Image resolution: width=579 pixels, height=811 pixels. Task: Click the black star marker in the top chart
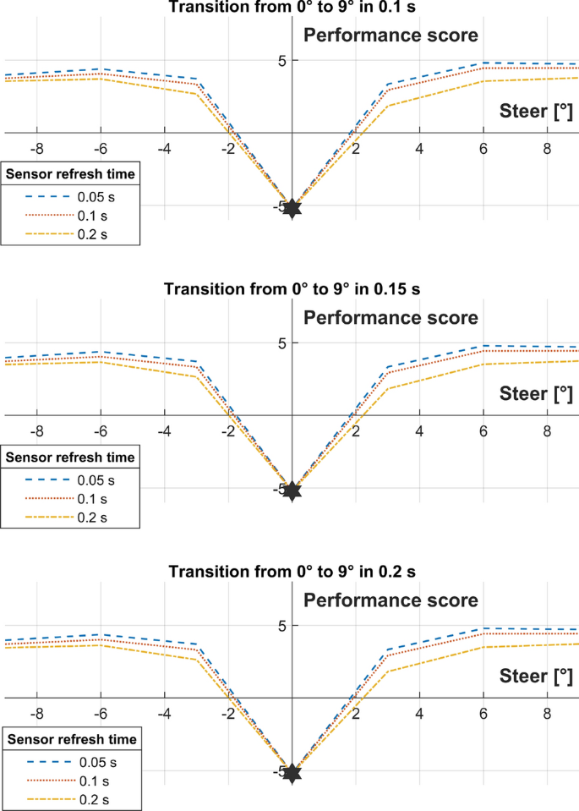click(292, 208)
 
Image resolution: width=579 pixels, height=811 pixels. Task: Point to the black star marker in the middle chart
click(292, 490)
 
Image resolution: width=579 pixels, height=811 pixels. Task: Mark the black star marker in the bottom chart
click(292, 773)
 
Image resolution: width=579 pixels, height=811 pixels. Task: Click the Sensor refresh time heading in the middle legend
click(70, 457)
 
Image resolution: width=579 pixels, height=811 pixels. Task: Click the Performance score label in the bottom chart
click(391, 600)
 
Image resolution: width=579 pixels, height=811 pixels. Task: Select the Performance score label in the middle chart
click(391, 318)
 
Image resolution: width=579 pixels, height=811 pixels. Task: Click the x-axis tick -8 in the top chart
click(36, 149)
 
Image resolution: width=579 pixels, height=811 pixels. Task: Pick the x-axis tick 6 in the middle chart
click(483, 431)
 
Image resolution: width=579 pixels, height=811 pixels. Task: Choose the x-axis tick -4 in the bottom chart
click(164, 714)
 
